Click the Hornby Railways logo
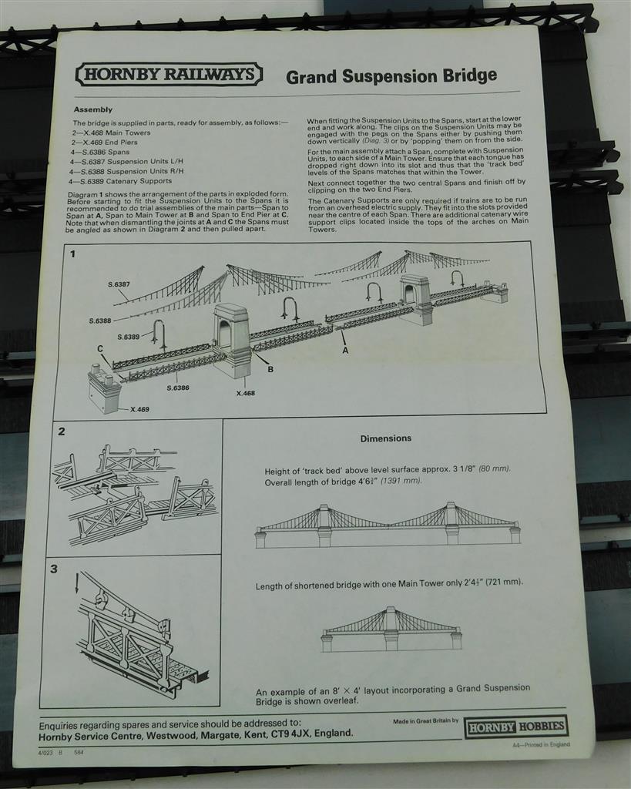(x=169, y=75)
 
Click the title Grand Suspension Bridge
(x=391, y=76)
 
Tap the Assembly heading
(x=93, y=109)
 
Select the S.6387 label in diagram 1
(x=119, y=284)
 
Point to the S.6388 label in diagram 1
(x=100, y=321)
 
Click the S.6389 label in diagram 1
(x=129, y=337)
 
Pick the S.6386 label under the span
(x=178, y=388)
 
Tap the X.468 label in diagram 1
(x=246, y=393)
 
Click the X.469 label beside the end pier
(x=140, y=409)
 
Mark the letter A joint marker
(x=345, y=351)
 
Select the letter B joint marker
(x=270, y=369)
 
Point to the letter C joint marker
(x=101, y=349)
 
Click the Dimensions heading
(x=386, y=438)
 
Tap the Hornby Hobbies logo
(x=515, y=726)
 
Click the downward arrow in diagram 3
(x=76, y=584)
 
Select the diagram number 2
(x=62, y=431)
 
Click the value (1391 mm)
(x=401, y=481)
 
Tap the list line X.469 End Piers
(x=104, y=143)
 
